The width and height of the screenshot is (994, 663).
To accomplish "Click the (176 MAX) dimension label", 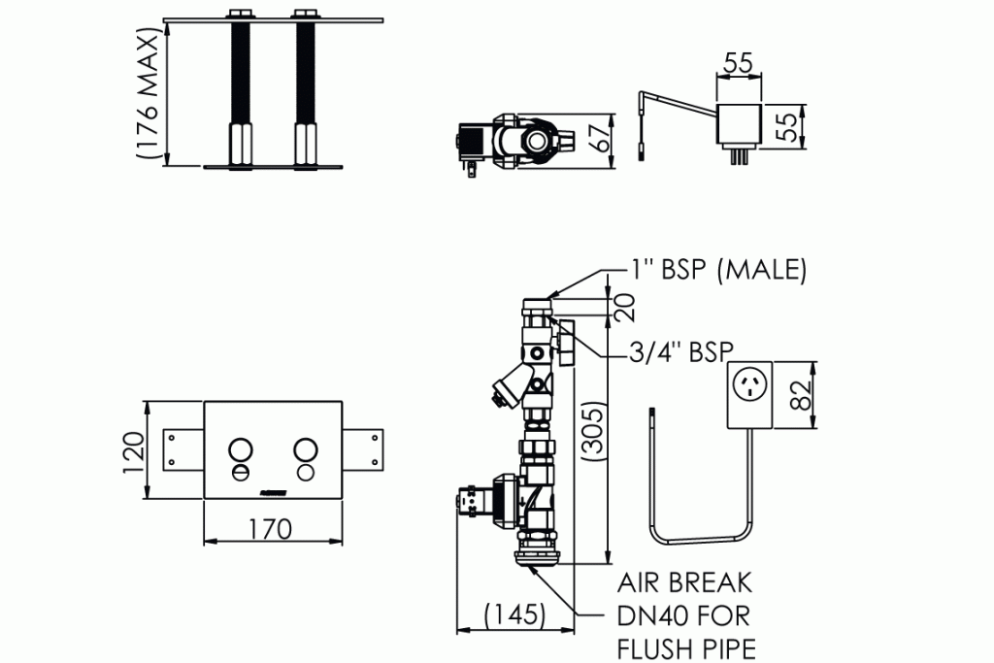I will click(147, 93).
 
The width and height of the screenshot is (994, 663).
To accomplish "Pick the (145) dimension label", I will click(514, 614).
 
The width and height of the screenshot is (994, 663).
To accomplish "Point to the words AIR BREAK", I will click(684, 582).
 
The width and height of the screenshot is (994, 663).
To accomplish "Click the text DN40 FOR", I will click(683, 615).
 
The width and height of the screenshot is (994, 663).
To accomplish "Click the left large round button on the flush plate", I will click(240, 448).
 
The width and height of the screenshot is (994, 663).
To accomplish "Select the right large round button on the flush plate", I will click(306, 448).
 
